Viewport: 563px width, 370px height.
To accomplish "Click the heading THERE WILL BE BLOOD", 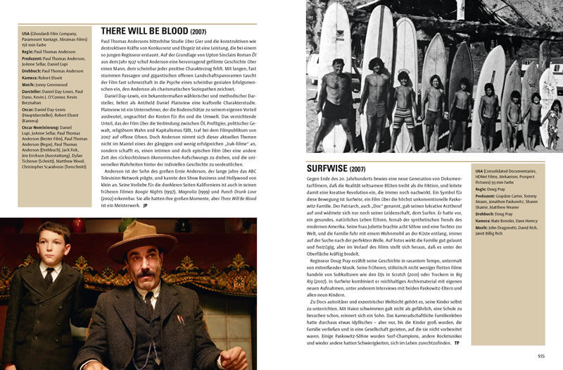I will click(x=153, y=32).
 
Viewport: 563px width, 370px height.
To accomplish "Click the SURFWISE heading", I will click(x=336, y=169).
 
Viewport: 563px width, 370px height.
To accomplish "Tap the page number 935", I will click(x=540, y=357).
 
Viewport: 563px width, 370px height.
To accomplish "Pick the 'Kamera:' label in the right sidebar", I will click(x=485, y=221).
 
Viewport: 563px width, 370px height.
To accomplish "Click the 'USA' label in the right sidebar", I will click(x=480, y=171).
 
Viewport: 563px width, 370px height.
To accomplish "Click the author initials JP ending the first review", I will click(x=145, y=206).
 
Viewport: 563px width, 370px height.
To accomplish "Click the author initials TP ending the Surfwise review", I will click(x=457, y=342).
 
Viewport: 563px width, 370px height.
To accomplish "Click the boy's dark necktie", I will click(x=51, y=277).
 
